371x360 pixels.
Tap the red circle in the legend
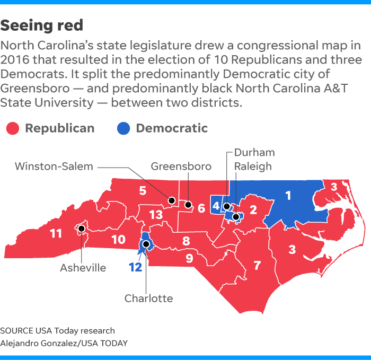click(x=13, y=128)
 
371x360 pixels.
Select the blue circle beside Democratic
click(x=122, y=128)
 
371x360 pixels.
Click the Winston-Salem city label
click(x=54, y=166)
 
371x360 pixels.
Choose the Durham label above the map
click(x=254, y=153)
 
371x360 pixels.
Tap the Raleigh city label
click(x=253, y=166)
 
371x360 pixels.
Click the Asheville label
click(x=83, y=268)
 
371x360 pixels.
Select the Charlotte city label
click(x=148, y=298)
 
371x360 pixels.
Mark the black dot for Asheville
click(x=82, y=229)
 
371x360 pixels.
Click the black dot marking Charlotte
click(x=146, y=244)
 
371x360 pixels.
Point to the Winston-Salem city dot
click(x=172, y=200)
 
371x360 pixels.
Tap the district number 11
click(x=56, y=233)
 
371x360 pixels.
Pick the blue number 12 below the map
click(x=135, y=267)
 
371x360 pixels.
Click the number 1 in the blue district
click(x=288, y=196)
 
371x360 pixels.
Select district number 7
click(x=258, y=265)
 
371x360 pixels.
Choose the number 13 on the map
click(x=156, y=215)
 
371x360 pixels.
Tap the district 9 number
click(x=189, y=259)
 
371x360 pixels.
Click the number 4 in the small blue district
click(x=216, y=205)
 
